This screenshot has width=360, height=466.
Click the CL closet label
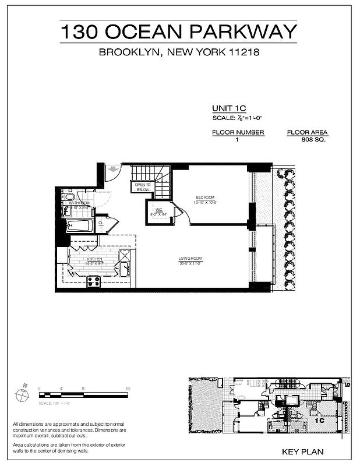point(101,223)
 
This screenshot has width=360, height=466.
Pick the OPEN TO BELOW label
point(143,187)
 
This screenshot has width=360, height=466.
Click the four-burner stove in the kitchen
point(94,281)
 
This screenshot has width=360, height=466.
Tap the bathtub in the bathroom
point(80,226)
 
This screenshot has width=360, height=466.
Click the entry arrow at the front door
point(112,170)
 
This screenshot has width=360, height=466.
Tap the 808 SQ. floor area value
point(313,140)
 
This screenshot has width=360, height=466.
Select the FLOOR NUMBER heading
point(238,132)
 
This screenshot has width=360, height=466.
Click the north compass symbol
point(22,394)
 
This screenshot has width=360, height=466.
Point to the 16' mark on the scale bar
point(127,388)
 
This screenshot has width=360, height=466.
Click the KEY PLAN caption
point(302,451)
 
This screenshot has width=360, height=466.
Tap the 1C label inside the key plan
point(319,419)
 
